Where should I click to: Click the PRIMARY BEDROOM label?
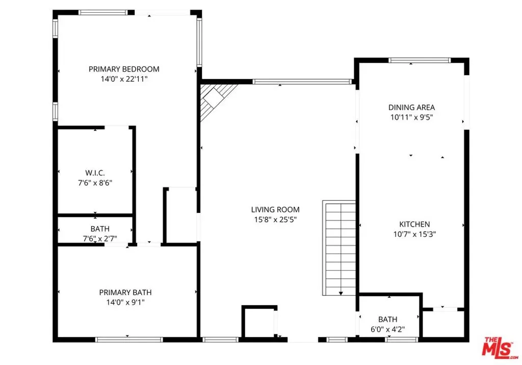pyautogui.click(x=124, y=69)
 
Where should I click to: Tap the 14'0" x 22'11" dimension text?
pyautogui.click(x=124, y=79)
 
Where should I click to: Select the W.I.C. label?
pyautogui.click(x=95, y=173)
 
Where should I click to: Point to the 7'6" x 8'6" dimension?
pyautogui.click(x=95, y=183)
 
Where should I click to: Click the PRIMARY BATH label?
pyautogui.click(x=125, y=293)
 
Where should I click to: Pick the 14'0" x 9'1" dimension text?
pyautogui.click(x=125, y=303)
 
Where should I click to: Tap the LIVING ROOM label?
pyautogui.click(x=275, y=210)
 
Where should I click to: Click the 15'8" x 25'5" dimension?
pyautogui.click(x=275, y=220)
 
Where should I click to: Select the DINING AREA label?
pyautogui.click(x=412, y=107)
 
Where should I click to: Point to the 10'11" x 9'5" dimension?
pyautogui.click(x=412, y=117)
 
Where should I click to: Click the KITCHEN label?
pyautogui.click(x=414, y=224)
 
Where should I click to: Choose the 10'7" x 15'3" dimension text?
pyautogui.click(x=414, y=234)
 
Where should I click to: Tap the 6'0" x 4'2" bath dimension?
pyautogui.click(x=388, y=330)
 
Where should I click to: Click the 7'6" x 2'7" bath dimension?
pyautogui.click(x=100, y=239)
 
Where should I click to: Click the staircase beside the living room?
pyautogui.click(x=339, y=248)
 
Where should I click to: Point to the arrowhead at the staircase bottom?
pyautogui.click(x=341, y=294)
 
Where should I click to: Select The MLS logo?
pyautogui.click(x=500, y=348)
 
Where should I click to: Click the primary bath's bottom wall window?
pyautogui.click(x=129, y=339)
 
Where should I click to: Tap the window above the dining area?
pyautogui.click(x=420, y=60)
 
